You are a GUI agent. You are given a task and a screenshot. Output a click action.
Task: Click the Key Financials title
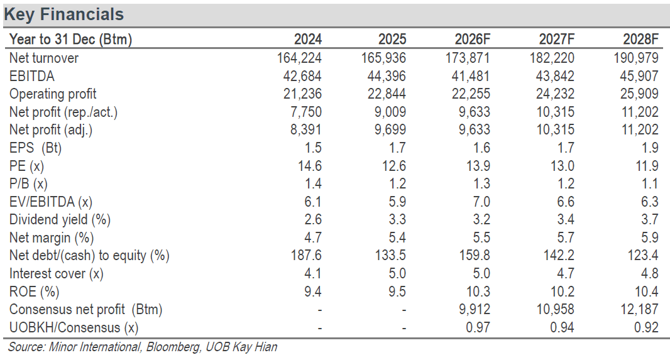(x=64, y=14)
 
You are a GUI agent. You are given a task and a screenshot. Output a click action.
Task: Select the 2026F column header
(x=472, y=40)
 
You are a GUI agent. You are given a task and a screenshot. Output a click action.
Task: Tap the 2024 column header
(x=307, y=40)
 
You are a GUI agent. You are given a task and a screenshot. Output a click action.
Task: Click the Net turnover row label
(x=44, y=58)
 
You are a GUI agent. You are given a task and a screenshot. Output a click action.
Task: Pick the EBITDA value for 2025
(x=387, y=76)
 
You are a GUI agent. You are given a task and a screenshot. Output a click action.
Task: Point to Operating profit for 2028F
(x=639, y=94)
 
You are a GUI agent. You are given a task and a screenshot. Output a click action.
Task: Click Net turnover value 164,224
(x=299, y=58)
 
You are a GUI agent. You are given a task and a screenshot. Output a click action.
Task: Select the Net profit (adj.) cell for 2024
(x=306, y=130)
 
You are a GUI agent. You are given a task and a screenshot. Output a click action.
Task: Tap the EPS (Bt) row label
(x=35, y=148)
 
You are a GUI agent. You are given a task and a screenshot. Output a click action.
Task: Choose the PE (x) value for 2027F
(x=562, y=166)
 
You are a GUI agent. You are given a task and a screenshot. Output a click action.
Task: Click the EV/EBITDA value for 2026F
(x=478, y=202)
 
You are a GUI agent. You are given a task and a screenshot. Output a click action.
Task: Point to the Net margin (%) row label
(x=52, y=238)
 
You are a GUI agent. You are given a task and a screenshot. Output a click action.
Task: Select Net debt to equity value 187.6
(x=306, y=255)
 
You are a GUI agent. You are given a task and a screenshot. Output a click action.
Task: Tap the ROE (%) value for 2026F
(x=478, y=292)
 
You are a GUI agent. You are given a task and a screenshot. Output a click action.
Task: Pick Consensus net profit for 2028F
(x=639, y=310)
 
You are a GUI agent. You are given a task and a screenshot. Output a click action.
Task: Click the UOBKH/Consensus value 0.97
(x=477, y=327)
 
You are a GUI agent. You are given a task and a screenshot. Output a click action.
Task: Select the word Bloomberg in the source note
(x=173, y=347)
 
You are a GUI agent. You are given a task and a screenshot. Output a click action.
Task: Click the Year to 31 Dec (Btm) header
(x=70, y=40)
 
